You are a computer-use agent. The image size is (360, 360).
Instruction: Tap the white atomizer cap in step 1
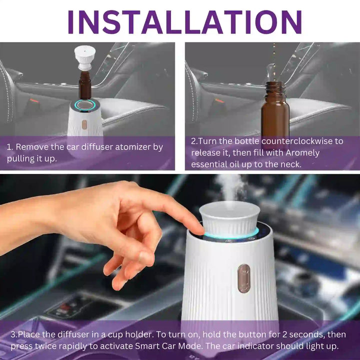pos(85,58)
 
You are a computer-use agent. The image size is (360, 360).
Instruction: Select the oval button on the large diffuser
pos(243,278)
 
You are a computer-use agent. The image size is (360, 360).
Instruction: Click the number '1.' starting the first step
pos(9,147)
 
